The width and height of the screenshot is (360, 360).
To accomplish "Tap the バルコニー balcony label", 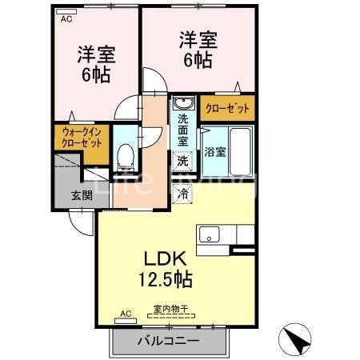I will [166, 340].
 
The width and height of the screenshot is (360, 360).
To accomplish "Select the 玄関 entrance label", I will [81, 194].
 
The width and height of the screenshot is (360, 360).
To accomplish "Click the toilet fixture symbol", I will [126, 151].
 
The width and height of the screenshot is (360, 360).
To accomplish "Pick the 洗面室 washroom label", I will [182, 128].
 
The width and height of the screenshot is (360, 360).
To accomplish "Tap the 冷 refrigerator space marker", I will [183, 193].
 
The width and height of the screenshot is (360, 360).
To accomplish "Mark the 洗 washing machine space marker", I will [183, 160].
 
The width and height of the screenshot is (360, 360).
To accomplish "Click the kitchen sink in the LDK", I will [210, 234].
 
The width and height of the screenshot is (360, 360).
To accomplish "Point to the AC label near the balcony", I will [125, 314].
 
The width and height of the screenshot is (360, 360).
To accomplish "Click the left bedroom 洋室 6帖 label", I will [95, 65].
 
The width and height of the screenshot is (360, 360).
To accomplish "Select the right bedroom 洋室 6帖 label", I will [197, 50].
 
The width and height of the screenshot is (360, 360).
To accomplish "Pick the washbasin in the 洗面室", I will [183, 104].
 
